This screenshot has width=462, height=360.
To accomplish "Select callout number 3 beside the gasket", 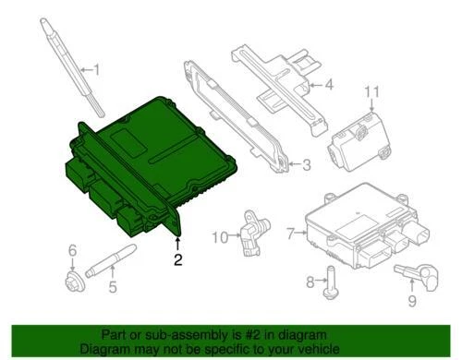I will tap(307, 166).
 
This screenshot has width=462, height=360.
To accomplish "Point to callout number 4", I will tap(327, 88).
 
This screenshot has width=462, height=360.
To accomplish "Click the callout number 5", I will tap(113, 286).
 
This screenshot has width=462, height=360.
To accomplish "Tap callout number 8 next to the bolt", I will tap(310, 281).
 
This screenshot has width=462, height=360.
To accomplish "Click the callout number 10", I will tap(219, 237).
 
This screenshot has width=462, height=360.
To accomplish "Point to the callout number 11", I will tap(372, 90).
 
